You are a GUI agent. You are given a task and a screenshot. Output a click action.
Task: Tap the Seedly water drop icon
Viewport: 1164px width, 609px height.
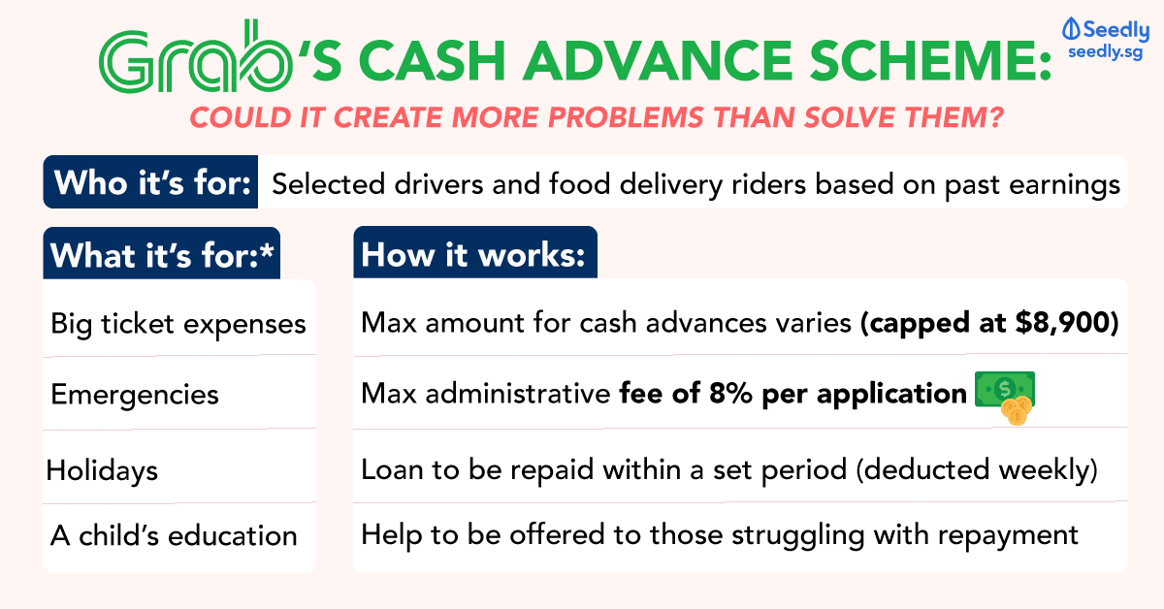click(1071, 29)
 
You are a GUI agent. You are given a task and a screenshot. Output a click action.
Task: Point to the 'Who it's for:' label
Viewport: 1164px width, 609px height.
click(151, 182)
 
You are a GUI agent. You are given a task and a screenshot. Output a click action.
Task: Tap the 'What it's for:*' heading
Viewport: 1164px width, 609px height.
click(161, 255)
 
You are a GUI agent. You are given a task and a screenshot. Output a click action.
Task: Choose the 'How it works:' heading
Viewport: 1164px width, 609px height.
click(473, 255)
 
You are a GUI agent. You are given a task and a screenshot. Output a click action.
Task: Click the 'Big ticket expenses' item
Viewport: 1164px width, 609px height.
click(178, 322)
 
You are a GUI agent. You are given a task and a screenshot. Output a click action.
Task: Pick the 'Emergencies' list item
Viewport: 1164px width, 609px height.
click(135, 395)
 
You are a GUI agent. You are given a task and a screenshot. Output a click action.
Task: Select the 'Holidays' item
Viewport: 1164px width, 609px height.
click(102, 470)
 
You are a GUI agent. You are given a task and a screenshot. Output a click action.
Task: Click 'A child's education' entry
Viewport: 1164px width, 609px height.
click(174, 535)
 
